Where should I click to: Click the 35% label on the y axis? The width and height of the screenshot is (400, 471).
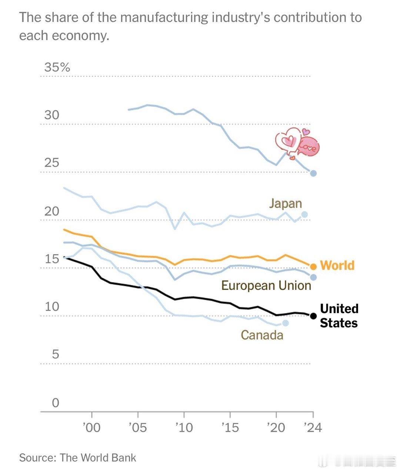point(57,67)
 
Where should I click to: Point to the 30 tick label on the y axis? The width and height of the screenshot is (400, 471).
point(52,115)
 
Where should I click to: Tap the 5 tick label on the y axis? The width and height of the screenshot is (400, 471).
point(55,354)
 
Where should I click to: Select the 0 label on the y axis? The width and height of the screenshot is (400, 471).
point(55,402)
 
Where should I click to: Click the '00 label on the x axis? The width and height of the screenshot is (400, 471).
point(91,428)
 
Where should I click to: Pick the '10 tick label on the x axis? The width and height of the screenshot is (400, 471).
point(184,428)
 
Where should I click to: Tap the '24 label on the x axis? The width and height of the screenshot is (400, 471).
point(313,428)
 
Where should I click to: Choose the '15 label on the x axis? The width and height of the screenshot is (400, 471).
point(230,428)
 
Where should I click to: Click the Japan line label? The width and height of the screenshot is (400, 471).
point(285,203)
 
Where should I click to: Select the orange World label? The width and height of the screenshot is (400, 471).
point(337,265)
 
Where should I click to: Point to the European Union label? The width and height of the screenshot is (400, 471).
point(266,285)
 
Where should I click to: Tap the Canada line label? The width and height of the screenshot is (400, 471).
point(262,335)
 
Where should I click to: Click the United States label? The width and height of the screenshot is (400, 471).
point(339,316)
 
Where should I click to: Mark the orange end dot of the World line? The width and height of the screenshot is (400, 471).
point(313,266)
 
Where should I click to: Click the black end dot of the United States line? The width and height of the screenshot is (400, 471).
point(313,316)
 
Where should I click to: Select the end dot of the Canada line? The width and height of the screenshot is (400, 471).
point(285,323)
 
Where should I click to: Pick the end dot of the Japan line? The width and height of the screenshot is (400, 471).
point(304,214)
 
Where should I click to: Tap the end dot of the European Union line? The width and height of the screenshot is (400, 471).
point(313,277)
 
